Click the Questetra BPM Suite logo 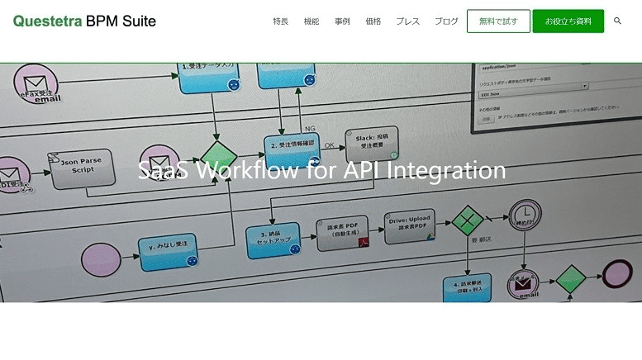click(x=84, y=21)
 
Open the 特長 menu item click(x=280, y=21)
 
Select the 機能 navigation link click(x=311, y=21)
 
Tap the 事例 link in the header click(x=342, y=21)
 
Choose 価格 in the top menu click(x=373, y=21)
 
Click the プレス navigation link click(x=407, y=21)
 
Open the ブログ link click(x=446, y=21)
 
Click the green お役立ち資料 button click(x=568, y=21)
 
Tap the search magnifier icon click(x=617, y=21)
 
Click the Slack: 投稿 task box click(x=372, y=141)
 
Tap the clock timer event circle click(x=525, y=215)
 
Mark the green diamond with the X click(x=468, y=220)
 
